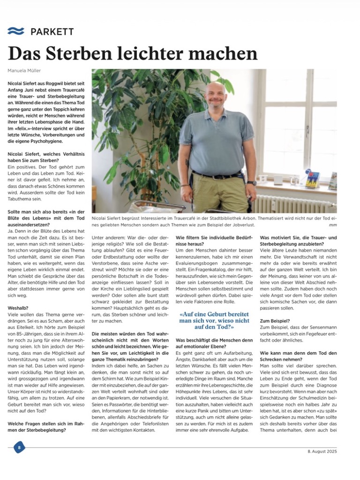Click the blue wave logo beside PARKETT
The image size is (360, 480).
coord(15,31)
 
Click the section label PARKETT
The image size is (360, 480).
coord(52,31)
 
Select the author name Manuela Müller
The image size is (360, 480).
coord(25,70)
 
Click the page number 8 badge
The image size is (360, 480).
coord(19,447)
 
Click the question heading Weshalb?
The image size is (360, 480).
coord(17,308)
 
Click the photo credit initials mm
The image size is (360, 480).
coord(333,225)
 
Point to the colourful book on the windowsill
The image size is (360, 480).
coord(312,180)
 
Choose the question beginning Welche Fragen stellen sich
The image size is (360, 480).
coord(45,427)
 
